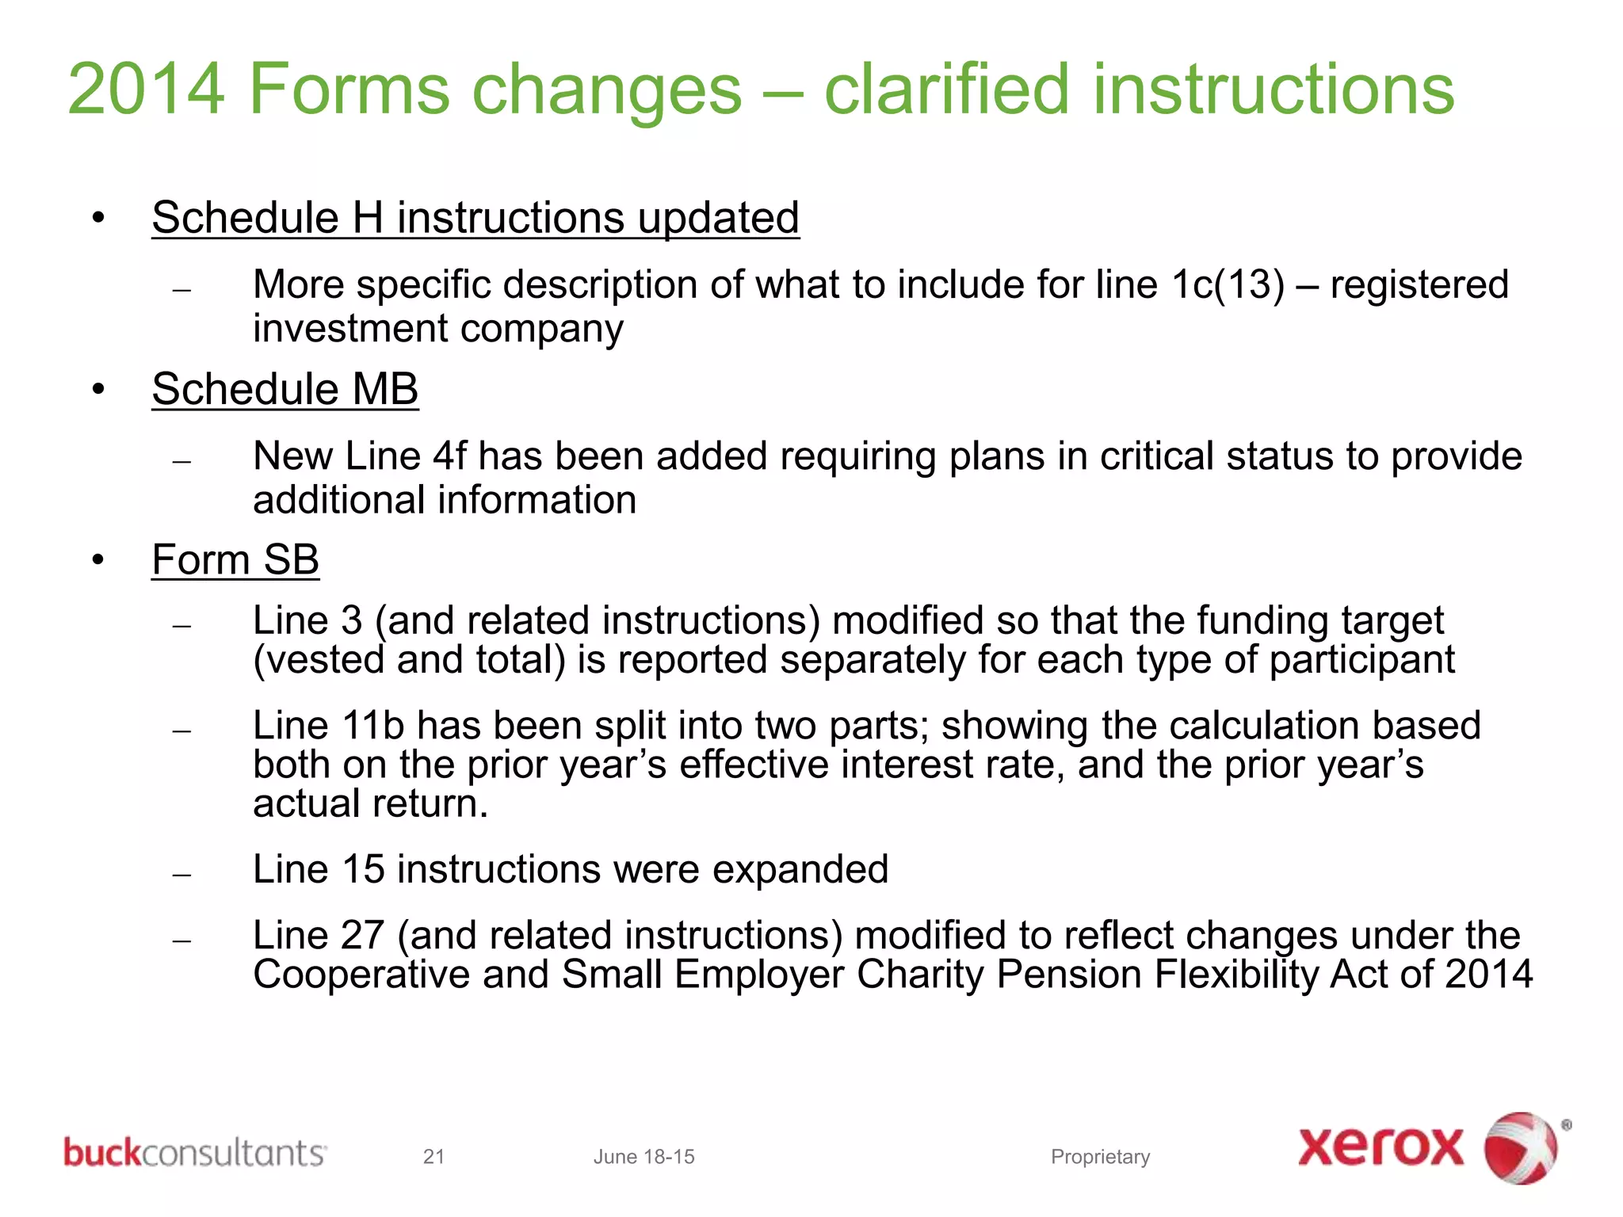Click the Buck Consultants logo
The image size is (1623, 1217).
[194, 1153]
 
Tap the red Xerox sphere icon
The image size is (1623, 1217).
[1520, 1148]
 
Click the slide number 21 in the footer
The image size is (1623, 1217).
[433, 1157]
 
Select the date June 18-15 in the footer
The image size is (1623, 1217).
[643, 1157]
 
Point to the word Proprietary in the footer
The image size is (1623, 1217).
[1100, 1157]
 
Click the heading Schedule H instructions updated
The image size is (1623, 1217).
[475, 218]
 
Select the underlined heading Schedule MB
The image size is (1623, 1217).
[285, 389]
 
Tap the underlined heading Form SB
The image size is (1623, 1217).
[235, 560]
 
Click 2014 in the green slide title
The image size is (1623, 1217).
[147, 90]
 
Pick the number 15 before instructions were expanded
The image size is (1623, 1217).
[364, 869]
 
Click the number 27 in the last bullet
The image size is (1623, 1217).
[362, 936]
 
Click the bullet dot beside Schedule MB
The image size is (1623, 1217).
[98, 390]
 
